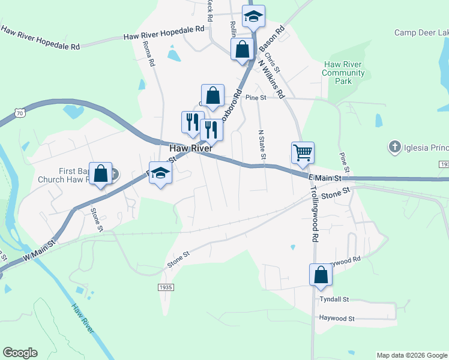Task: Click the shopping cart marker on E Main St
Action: tap(303, 152)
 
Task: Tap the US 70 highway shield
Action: tap(20, 113)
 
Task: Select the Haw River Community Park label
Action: tap(343, 73)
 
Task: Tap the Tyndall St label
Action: tap(334, 299)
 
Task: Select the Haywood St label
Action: tap(337, 319)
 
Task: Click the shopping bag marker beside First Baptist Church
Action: tap(101, 173)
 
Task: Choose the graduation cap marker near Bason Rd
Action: tap(253, 17)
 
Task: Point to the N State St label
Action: tap(262, 145)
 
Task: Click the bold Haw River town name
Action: tap(190, 148)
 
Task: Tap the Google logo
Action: tap(20, 353)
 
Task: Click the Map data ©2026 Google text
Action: tap(411, 355)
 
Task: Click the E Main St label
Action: tap(325, 177)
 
